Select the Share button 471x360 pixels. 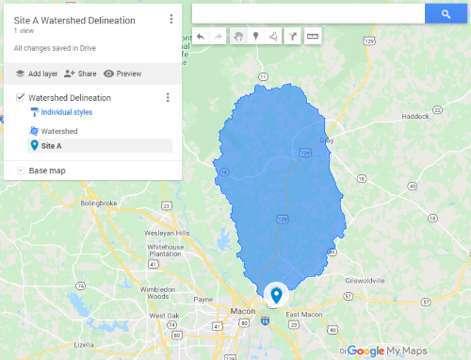81,74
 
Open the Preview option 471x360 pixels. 122,74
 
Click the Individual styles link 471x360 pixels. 66,112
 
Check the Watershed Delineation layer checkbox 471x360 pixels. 20,97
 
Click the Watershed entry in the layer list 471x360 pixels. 58,131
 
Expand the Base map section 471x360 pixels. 20,171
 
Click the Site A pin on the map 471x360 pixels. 275,295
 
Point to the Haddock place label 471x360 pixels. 414,117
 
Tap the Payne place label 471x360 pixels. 203,299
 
